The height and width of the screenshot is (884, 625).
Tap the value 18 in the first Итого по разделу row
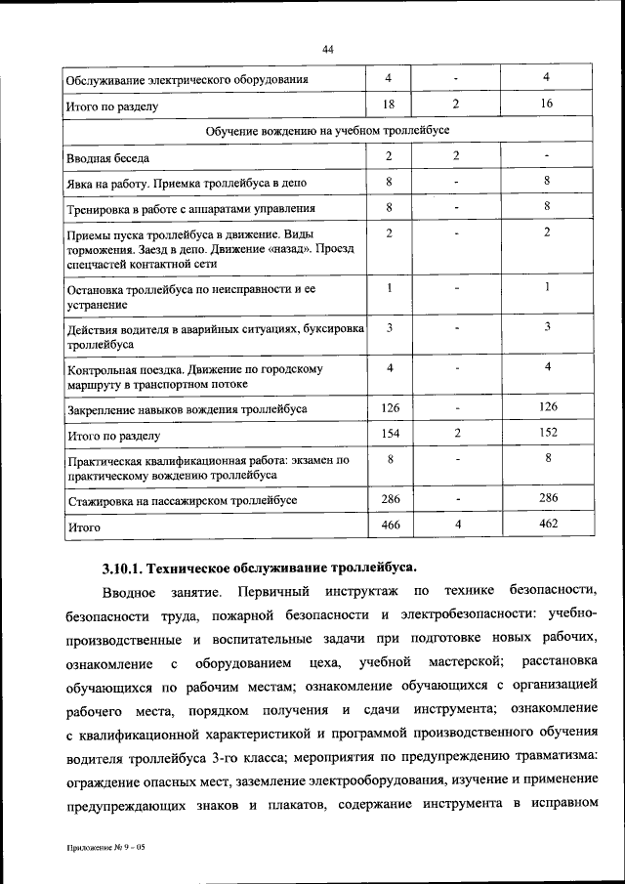click(x=388, y=103)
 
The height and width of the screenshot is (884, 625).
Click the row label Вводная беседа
click(x=107, y=157)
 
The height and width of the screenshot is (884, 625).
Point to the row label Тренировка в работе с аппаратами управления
click(x=179, y=209)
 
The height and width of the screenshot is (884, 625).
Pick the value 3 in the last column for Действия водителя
click(x=548, y=327)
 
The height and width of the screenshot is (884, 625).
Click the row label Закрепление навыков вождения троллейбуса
click(x=187, y=408)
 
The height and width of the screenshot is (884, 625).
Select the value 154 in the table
click(x=389, y=433)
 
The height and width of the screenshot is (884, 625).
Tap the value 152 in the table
click(x=548, y=433)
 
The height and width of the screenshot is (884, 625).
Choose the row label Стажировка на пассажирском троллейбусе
click(x=182, y=500)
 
